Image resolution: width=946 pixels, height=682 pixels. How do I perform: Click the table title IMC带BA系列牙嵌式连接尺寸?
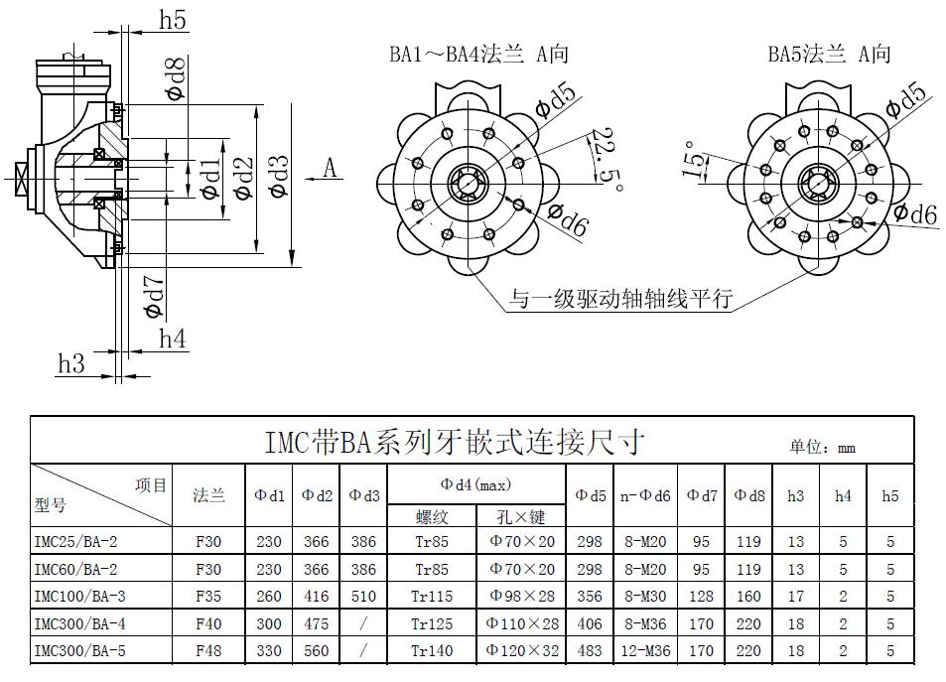coord(456,441)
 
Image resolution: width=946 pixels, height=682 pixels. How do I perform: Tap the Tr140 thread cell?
coord(432,651)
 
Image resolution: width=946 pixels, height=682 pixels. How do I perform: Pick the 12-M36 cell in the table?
coord(645,651)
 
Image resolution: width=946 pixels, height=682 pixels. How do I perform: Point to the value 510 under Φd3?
coord(363,597)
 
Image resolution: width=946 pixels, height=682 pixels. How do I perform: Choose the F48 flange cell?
coord(208,651)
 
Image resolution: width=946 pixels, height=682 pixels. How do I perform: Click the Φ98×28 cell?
coord(522,597)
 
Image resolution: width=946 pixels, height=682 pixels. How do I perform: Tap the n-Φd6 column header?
coord(645,494)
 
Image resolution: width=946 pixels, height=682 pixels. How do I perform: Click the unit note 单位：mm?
coord(822,447)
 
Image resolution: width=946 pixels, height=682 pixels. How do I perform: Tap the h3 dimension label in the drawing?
coord(70,363)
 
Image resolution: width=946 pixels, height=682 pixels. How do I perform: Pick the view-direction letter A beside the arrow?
coord(331,168)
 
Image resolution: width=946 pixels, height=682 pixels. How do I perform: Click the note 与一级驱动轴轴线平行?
coord(620,298)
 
